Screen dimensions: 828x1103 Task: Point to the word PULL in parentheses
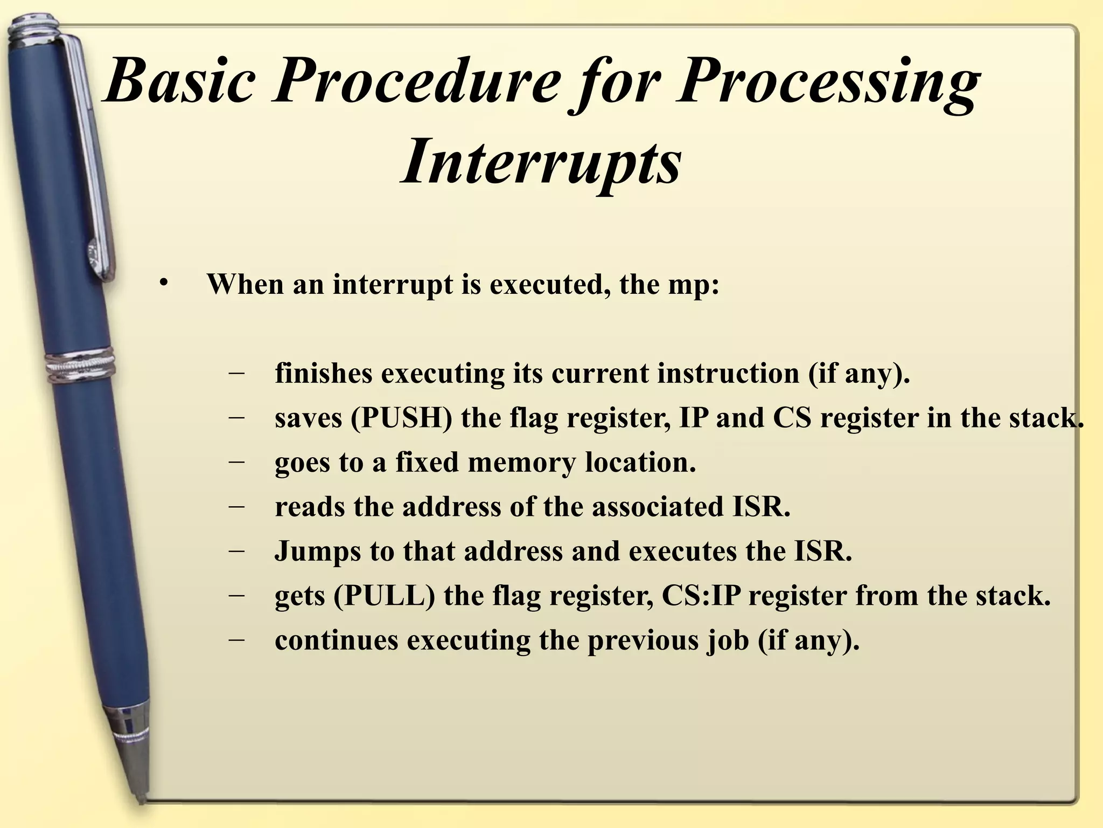[384, 596]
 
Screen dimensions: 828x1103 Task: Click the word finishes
[324, 374]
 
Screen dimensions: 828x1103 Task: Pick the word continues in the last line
[336, 641]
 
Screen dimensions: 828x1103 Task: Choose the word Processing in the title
[827, 82]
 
